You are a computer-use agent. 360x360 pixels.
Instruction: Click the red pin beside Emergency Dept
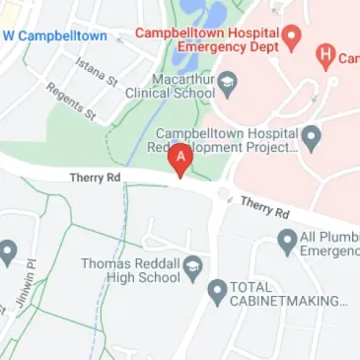[292, 38]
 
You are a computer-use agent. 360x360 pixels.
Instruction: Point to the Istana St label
[96, 70]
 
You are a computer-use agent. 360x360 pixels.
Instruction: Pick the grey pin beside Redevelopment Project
[312, 137]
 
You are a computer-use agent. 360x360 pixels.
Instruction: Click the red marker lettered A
[180, 160]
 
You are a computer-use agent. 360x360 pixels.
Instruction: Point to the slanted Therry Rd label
[264, 207]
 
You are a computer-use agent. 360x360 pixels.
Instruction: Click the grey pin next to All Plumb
[287, 240]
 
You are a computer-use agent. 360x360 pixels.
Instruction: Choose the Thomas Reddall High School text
[130, 270]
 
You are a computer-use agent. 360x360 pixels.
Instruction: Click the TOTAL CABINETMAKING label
[289, 293]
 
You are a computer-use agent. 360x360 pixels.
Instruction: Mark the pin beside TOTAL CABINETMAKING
[218, 292]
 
